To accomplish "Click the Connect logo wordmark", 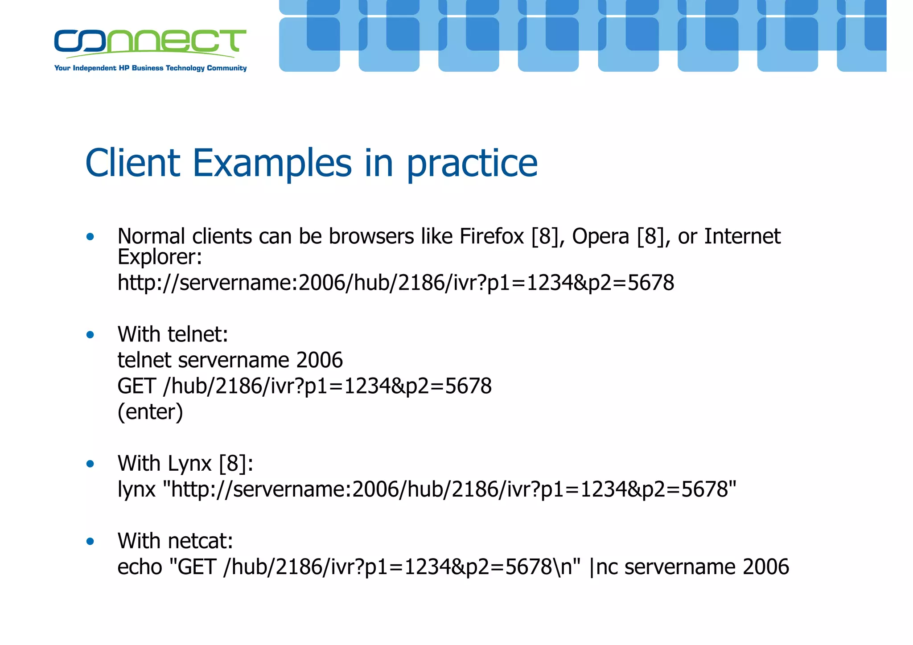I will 150,41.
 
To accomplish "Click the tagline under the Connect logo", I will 150,68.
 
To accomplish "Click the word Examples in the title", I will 272,163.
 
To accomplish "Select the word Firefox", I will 491,236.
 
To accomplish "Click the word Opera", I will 600,237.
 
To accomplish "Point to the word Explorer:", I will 160,257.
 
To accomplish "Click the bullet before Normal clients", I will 90,237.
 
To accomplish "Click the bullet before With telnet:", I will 90,335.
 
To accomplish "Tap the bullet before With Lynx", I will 90,464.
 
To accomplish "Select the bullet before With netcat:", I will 90,542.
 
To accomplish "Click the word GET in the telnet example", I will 136,386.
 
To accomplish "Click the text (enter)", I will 150,412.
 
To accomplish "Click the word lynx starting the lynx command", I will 136,489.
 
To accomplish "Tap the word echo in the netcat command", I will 140,567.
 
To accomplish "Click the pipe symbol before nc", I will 592,567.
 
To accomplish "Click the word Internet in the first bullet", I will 742,236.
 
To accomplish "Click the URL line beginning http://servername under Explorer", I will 395,283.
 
